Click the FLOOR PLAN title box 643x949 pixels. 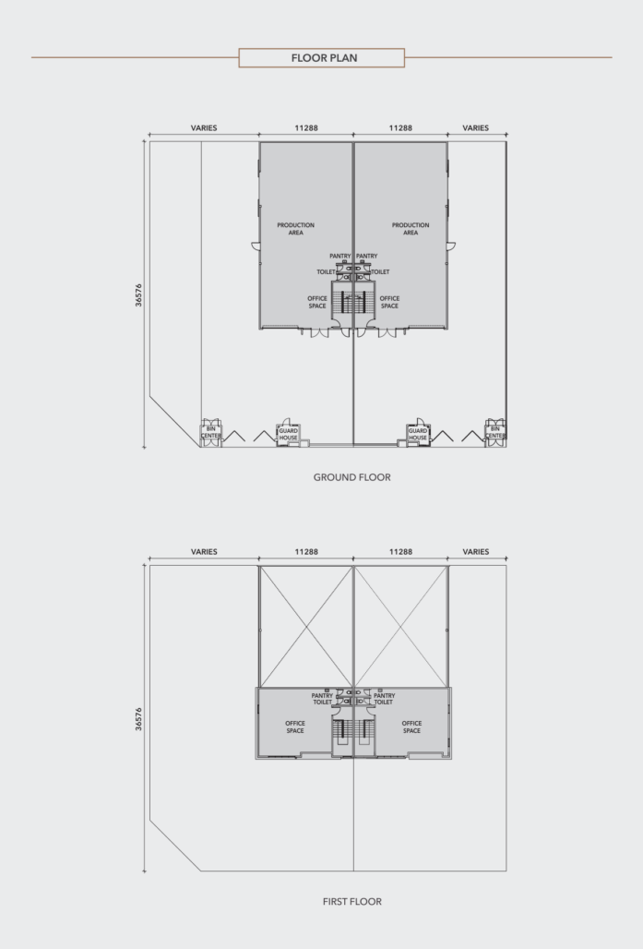321,58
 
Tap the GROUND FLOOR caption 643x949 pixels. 352,477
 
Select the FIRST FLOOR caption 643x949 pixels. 352,902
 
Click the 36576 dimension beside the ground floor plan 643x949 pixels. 138,295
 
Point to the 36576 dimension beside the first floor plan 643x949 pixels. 138,719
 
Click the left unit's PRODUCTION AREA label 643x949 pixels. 296,229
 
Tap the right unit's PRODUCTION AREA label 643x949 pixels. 411,229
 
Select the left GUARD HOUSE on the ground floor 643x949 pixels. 289,434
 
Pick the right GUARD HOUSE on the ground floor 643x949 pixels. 418,434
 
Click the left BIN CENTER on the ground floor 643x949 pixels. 211,433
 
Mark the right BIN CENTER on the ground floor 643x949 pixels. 494,433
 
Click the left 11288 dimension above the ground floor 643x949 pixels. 306,128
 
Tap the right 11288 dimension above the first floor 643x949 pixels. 400,552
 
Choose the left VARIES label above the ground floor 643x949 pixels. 204,128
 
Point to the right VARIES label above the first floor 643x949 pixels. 475,552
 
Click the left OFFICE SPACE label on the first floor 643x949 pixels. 295,727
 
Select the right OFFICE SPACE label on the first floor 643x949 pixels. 411,727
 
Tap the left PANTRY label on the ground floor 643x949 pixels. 339,256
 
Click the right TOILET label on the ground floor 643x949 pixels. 380,272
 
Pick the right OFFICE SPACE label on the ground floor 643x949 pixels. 389,302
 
